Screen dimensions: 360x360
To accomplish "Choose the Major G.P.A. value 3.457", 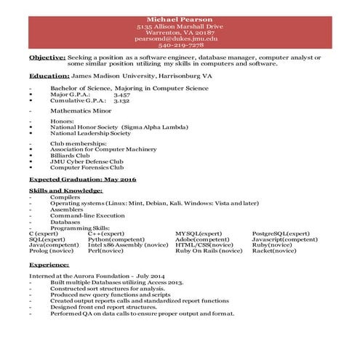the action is (x=121, y=95).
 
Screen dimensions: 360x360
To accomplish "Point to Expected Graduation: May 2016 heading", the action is (x=73, y=178).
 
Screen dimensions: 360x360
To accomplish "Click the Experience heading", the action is (x=49, y=267).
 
